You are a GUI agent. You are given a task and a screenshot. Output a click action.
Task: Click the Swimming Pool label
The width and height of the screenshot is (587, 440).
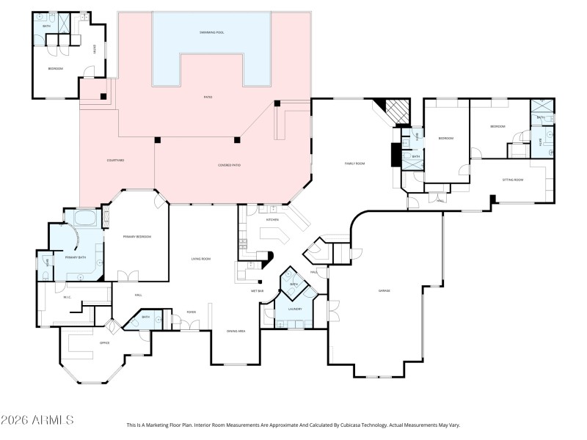[211, 33]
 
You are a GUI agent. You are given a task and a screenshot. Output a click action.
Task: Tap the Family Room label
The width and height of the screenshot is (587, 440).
[355, 163]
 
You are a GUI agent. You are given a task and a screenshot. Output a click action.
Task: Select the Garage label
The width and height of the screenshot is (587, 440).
[384, 291]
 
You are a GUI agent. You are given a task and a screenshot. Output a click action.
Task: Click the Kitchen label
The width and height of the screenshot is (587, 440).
[272, 219]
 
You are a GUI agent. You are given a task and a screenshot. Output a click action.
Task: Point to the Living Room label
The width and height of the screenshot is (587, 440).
[201, 258]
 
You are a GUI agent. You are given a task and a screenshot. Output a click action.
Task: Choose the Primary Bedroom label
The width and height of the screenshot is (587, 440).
[136, 236]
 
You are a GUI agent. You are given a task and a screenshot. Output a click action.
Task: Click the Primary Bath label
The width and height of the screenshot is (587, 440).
[76, 257]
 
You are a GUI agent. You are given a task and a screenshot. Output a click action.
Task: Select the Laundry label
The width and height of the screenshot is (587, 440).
[294, 309]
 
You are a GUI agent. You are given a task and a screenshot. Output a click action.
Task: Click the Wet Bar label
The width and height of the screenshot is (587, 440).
[257, 291]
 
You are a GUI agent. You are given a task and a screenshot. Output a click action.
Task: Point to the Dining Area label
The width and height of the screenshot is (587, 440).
[236, 331]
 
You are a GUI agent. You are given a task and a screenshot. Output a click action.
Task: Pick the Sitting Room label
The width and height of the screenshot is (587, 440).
[512, 179]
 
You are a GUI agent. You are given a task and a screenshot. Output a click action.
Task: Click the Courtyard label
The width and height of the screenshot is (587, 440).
[115, 160]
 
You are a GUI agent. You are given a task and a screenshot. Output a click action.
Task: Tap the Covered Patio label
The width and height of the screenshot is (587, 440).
[229, 165]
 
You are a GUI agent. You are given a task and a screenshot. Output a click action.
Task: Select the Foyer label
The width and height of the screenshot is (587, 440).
[191, 312]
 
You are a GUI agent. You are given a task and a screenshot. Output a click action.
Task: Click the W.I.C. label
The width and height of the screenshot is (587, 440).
[65, 297]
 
